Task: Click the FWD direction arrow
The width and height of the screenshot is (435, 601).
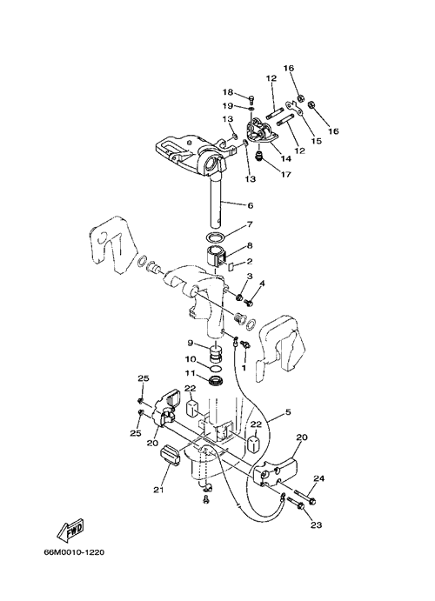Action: click(70, 531)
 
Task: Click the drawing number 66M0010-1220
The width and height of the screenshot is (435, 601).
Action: click(74, 552)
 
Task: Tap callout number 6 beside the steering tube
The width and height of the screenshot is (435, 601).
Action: click(251, 206)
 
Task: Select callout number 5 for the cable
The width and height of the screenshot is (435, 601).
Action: click(288, 412)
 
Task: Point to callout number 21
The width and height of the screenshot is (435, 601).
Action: click(158, 490)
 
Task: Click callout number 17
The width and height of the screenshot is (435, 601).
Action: click(285, 175)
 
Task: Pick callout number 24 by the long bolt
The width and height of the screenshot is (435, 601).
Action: click(319, 478)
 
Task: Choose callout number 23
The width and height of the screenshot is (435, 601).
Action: click(316, 524)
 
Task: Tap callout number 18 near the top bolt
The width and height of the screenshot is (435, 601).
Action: click(228, 92)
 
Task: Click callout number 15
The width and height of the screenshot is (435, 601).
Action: click(316, 141)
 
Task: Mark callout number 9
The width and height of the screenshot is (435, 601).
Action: click(191, 343)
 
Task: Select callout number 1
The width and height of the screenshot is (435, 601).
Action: click(243, 367)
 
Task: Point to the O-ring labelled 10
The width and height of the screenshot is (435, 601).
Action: click(216, 369)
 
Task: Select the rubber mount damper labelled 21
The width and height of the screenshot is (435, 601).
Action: click(171, 456)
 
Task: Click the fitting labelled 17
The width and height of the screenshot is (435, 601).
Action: click(259, 157)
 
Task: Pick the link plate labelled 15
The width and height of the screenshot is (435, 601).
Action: click(295, 109)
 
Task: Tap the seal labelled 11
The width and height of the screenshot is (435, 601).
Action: click(216, 381)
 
